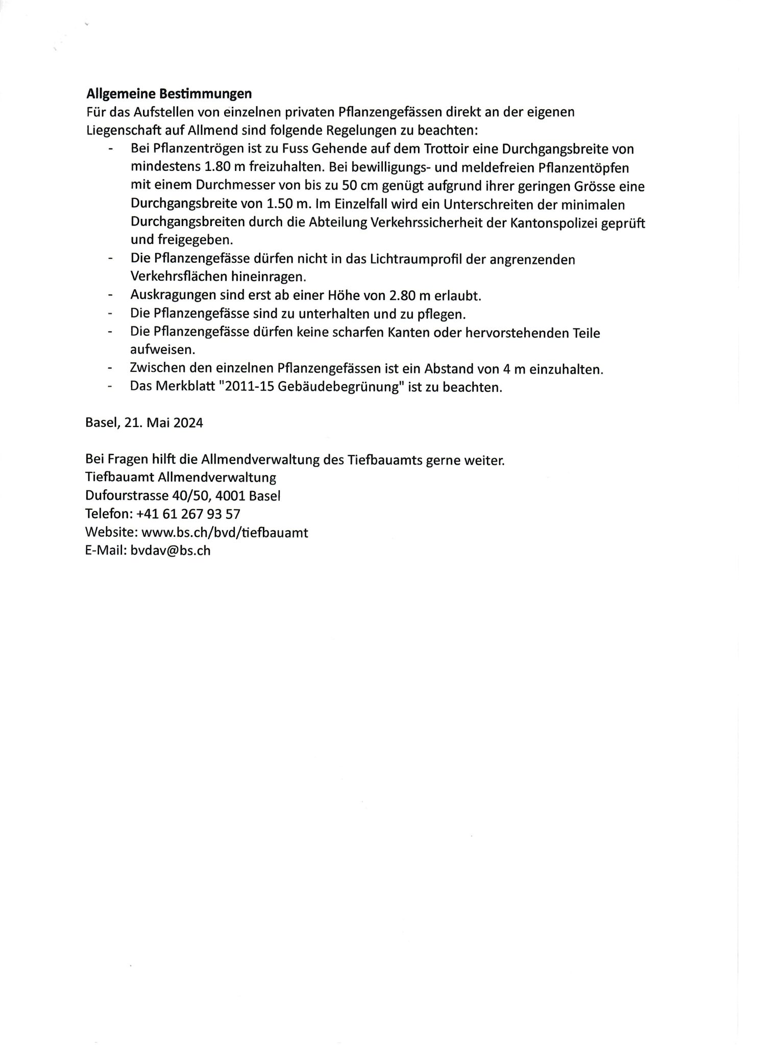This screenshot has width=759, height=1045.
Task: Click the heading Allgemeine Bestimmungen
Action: [x=169, y=94]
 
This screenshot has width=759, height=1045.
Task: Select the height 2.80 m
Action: [x=410, y=295]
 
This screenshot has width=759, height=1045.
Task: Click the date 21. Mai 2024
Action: [x=163, y=423]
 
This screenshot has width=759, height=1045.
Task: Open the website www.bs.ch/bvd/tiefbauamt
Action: [x=225, y=532]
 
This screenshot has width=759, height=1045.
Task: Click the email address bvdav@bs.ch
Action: [x=170, y=551]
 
